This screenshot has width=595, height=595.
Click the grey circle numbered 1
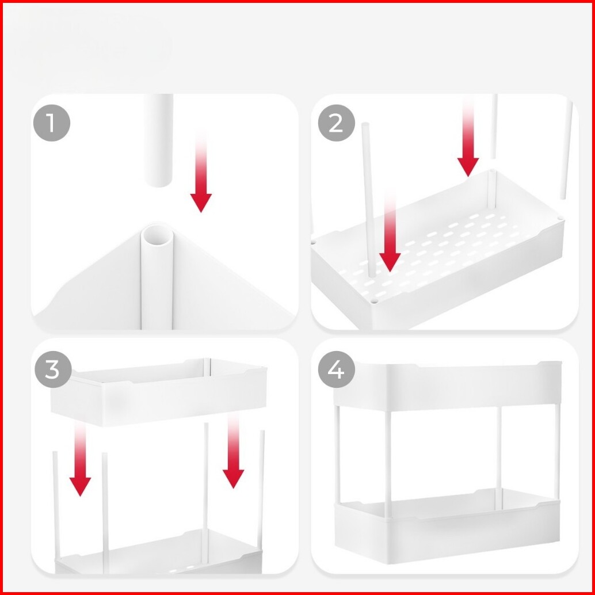coord(52,123)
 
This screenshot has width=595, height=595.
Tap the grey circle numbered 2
coord(336,123)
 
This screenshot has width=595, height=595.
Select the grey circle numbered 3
coord(53,369)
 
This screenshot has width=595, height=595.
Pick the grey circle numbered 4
coord(336,369)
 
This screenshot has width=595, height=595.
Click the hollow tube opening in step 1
coord(158,236)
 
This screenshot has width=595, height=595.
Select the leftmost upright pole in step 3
coord(56,505)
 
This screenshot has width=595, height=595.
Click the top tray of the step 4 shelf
coord(448,385)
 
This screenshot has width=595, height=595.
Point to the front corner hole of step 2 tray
coord(375,302)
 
